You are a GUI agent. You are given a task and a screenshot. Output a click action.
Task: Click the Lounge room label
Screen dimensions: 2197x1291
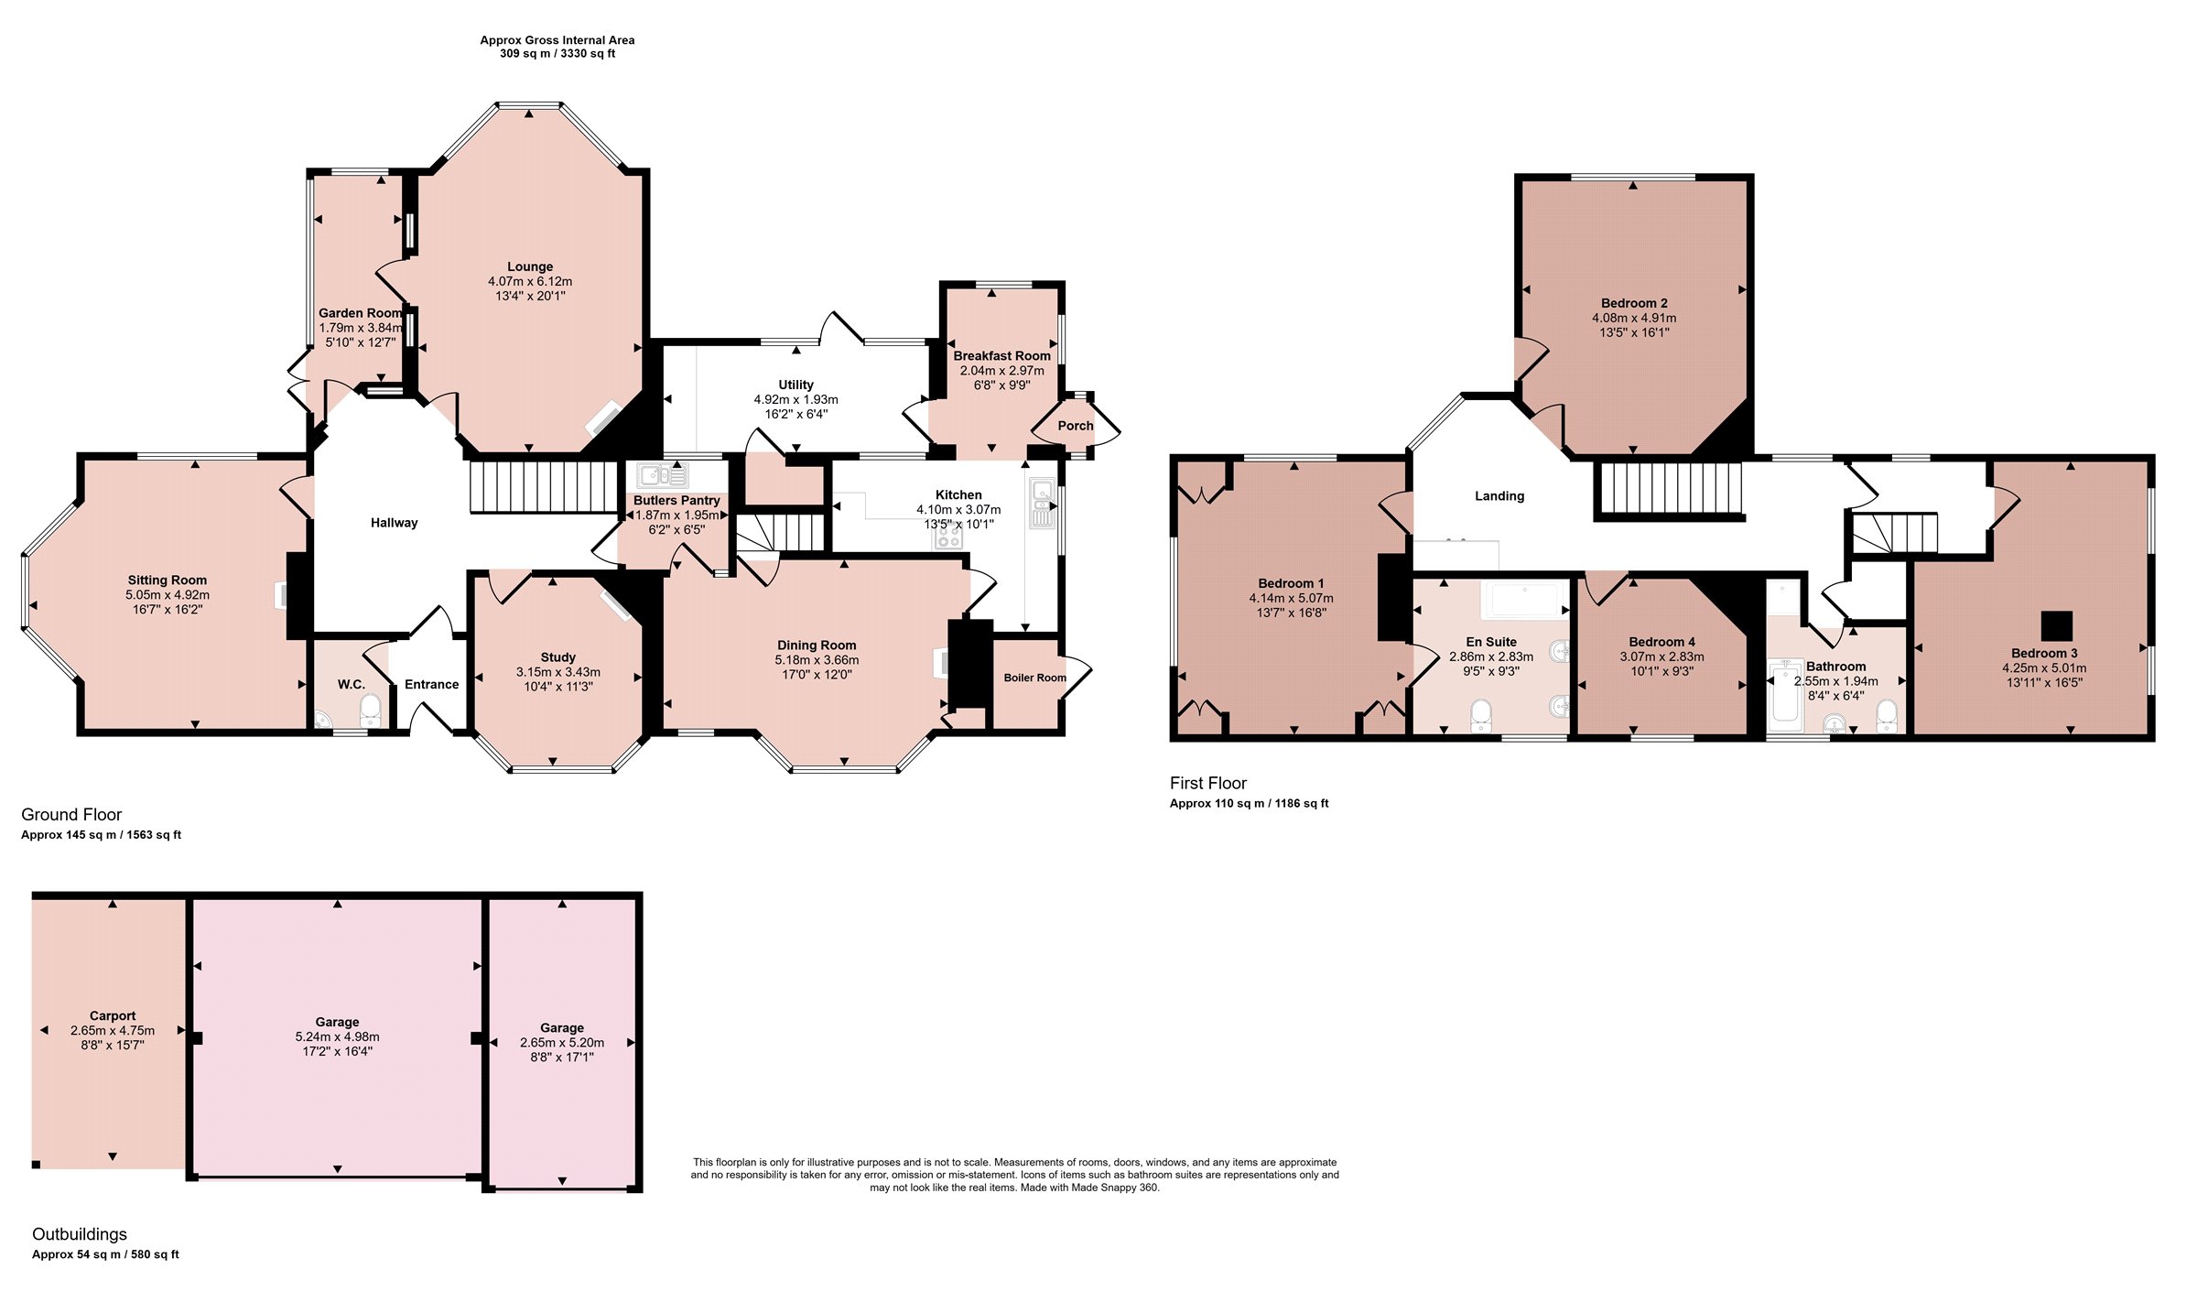click(x=530, y=266)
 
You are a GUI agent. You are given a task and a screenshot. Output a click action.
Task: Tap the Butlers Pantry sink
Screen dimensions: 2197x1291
click(x=663, y=475)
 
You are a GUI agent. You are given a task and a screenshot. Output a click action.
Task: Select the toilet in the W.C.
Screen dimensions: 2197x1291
click(x=370, y=710)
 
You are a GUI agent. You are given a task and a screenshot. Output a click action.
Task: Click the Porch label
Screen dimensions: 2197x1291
click(x=1076, y=426)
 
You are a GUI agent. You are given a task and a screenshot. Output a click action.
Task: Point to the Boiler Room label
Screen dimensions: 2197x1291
click(x=1034, y=678)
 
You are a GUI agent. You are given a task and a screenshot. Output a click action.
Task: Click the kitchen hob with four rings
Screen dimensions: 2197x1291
click(x=949, y=536)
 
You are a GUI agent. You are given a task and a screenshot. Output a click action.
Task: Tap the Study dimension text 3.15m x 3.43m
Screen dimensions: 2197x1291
click(x=558, y=672)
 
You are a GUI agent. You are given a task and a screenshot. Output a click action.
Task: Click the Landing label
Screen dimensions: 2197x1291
click(x=1499, y=496)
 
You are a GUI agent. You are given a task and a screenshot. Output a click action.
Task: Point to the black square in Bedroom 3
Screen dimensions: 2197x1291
click(x=2057, y=626)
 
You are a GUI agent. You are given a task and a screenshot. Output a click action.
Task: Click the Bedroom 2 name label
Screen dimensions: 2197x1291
click(x=1634, y=303)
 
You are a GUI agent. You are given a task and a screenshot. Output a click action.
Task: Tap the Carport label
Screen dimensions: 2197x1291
click(x=113, y=1015)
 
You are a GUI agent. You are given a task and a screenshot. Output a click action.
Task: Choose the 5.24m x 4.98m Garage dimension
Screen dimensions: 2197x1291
click(x=337, y=1036)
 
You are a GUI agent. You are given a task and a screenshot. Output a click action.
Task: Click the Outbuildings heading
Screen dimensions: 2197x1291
click(x=80, y=1234)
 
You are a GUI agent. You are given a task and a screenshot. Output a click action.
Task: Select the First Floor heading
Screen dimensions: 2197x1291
click(x=1208, y=783)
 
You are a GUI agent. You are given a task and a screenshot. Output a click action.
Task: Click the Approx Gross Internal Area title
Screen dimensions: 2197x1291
click(x=557, y=40)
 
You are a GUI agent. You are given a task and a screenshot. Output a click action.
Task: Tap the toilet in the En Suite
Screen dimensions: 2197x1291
click(x=1480, y=715)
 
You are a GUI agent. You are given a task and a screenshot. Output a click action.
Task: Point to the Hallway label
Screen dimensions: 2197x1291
click(x=394, y=523)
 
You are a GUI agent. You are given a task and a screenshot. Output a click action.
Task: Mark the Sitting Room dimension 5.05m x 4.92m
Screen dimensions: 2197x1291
click(x=168, y=595)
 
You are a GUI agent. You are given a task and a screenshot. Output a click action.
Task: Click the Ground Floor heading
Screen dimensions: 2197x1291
click(x=71, y=815)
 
